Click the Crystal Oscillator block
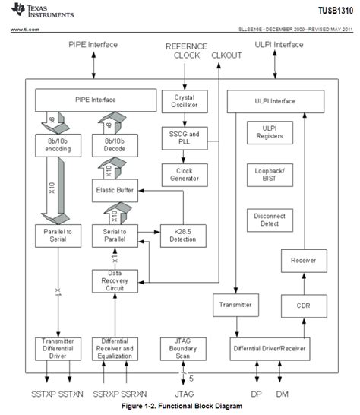[179, 102]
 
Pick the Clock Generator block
[179, 175]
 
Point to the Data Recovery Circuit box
[114, 281]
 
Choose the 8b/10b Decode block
[114, 146]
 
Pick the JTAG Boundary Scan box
[179, 349]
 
